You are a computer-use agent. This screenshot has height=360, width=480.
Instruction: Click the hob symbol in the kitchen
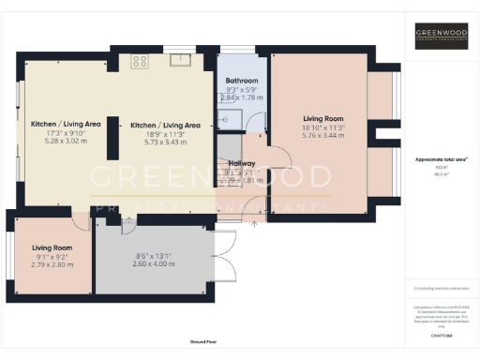(141, 62)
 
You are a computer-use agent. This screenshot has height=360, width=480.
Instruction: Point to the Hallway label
(242, 163)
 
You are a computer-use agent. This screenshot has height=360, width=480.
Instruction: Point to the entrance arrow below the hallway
(256, 224)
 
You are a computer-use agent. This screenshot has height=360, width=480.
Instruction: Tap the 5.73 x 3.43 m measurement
(165, 142)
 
